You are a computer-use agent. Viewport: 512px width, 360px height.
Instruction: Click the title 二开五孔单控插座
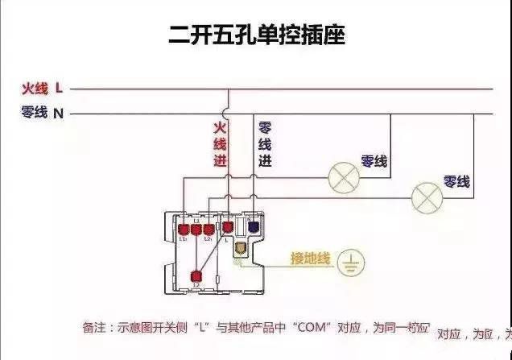point(257,35)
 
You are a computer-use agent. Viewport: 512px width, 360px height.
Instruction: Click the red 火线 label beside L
point(35,88)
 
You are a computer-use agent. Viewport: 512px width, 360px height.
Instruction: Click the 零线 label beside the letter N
point(35,113)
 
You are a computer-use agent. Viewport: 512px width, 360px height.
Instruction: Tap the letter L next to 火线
point(59,88)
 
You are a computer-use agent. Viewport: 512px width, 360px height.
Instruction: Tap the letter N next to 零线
point(59,114)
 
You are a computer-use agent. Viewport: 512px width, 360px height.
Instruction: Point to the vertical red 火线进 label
point(219,144)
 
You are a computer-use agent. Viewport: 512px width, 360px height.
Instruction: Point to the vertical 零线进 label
point(264,144)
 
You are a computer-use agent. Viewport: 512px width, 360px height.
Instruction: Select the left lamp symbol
point(345,179)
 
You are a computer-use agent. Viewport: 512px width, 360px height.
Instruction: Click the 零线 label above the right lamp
point(456,182)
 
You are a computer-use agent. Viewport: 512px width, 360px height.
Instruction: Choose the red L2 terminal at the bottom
point(196,276)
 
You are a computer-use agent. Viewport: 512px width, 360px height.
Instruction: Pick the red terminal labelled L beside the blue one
point(229,228)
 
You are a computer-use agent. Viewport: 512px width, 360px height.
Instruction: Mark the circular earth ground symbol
point(351,262)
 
